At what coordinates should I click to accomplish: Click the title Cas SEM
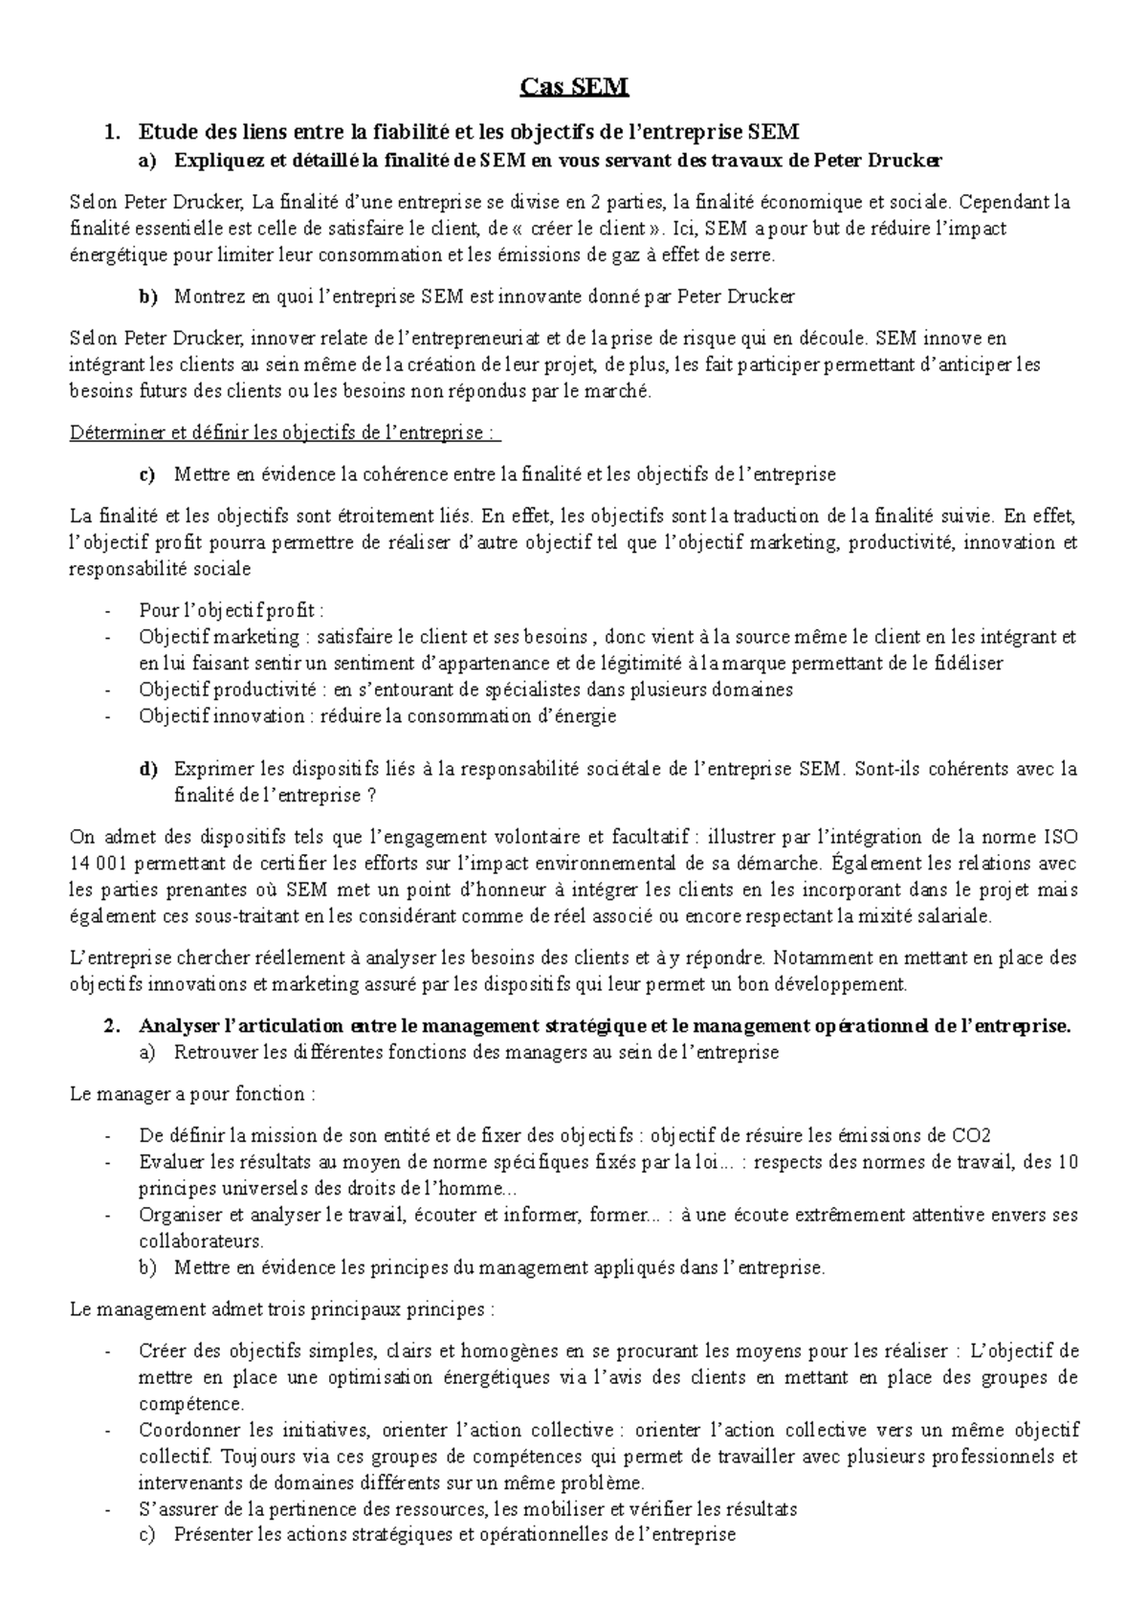[574, 88]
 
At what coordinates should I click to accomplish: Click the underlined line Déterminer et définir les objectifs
[285, 432]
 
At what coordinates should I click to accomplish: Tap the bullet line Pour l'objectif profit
[232, 610]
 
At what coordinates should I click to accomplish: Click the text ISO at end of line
[1061, 837]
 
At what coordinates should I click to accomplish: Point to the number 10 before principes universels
[1069, 1162]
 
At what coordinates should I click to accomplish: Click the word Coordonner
[186, 1430]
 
